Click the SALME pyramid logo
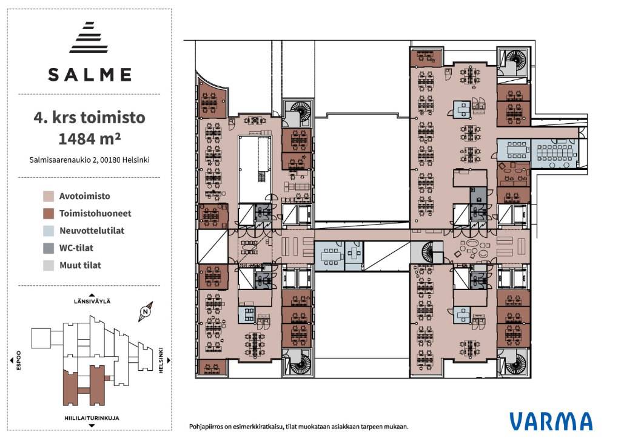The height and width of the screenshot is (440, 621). click(89, 37)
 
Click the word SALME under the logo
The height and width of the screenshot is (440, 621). click(90, 75)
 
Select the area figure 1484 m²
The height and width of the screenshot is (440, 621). click(90, 139)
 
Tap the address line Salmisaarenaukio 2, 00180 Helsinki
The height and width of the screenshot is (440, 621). click(90, 160)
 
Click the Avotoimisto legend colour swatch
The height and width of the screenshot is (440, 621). click(49, 196)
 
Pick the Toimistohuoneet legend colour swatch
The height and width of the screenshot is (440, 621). click(49, 213)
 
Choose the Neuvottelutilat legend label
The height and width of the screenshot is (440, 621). click(92, 231)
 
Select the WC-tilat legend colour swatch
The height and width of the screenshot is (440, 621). click(49, 248)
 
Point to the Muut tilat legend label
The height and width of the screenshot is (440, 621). click(81, 266)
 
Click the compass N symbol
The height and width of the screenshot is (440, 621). click(146, 311)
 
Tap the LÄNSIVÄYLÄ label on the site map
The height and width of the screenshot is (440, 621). click(92, 301)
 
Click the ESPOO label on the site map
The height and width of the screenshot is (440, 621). click(18, 360)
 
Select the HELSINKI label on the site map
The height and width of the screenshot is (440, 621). click(161, 360)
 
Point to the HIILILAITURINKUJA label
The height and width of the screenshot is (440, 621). click(92, 418)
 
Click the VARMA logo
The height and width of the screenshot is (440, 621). click(551, 421)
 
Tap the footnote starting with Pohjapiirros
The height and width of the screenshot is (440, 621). click(298, 427)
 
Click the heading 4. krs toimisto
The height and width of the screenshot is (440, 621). click(90, 117)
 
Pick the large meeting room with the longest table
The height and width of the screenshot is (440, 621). click(554, 153)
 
